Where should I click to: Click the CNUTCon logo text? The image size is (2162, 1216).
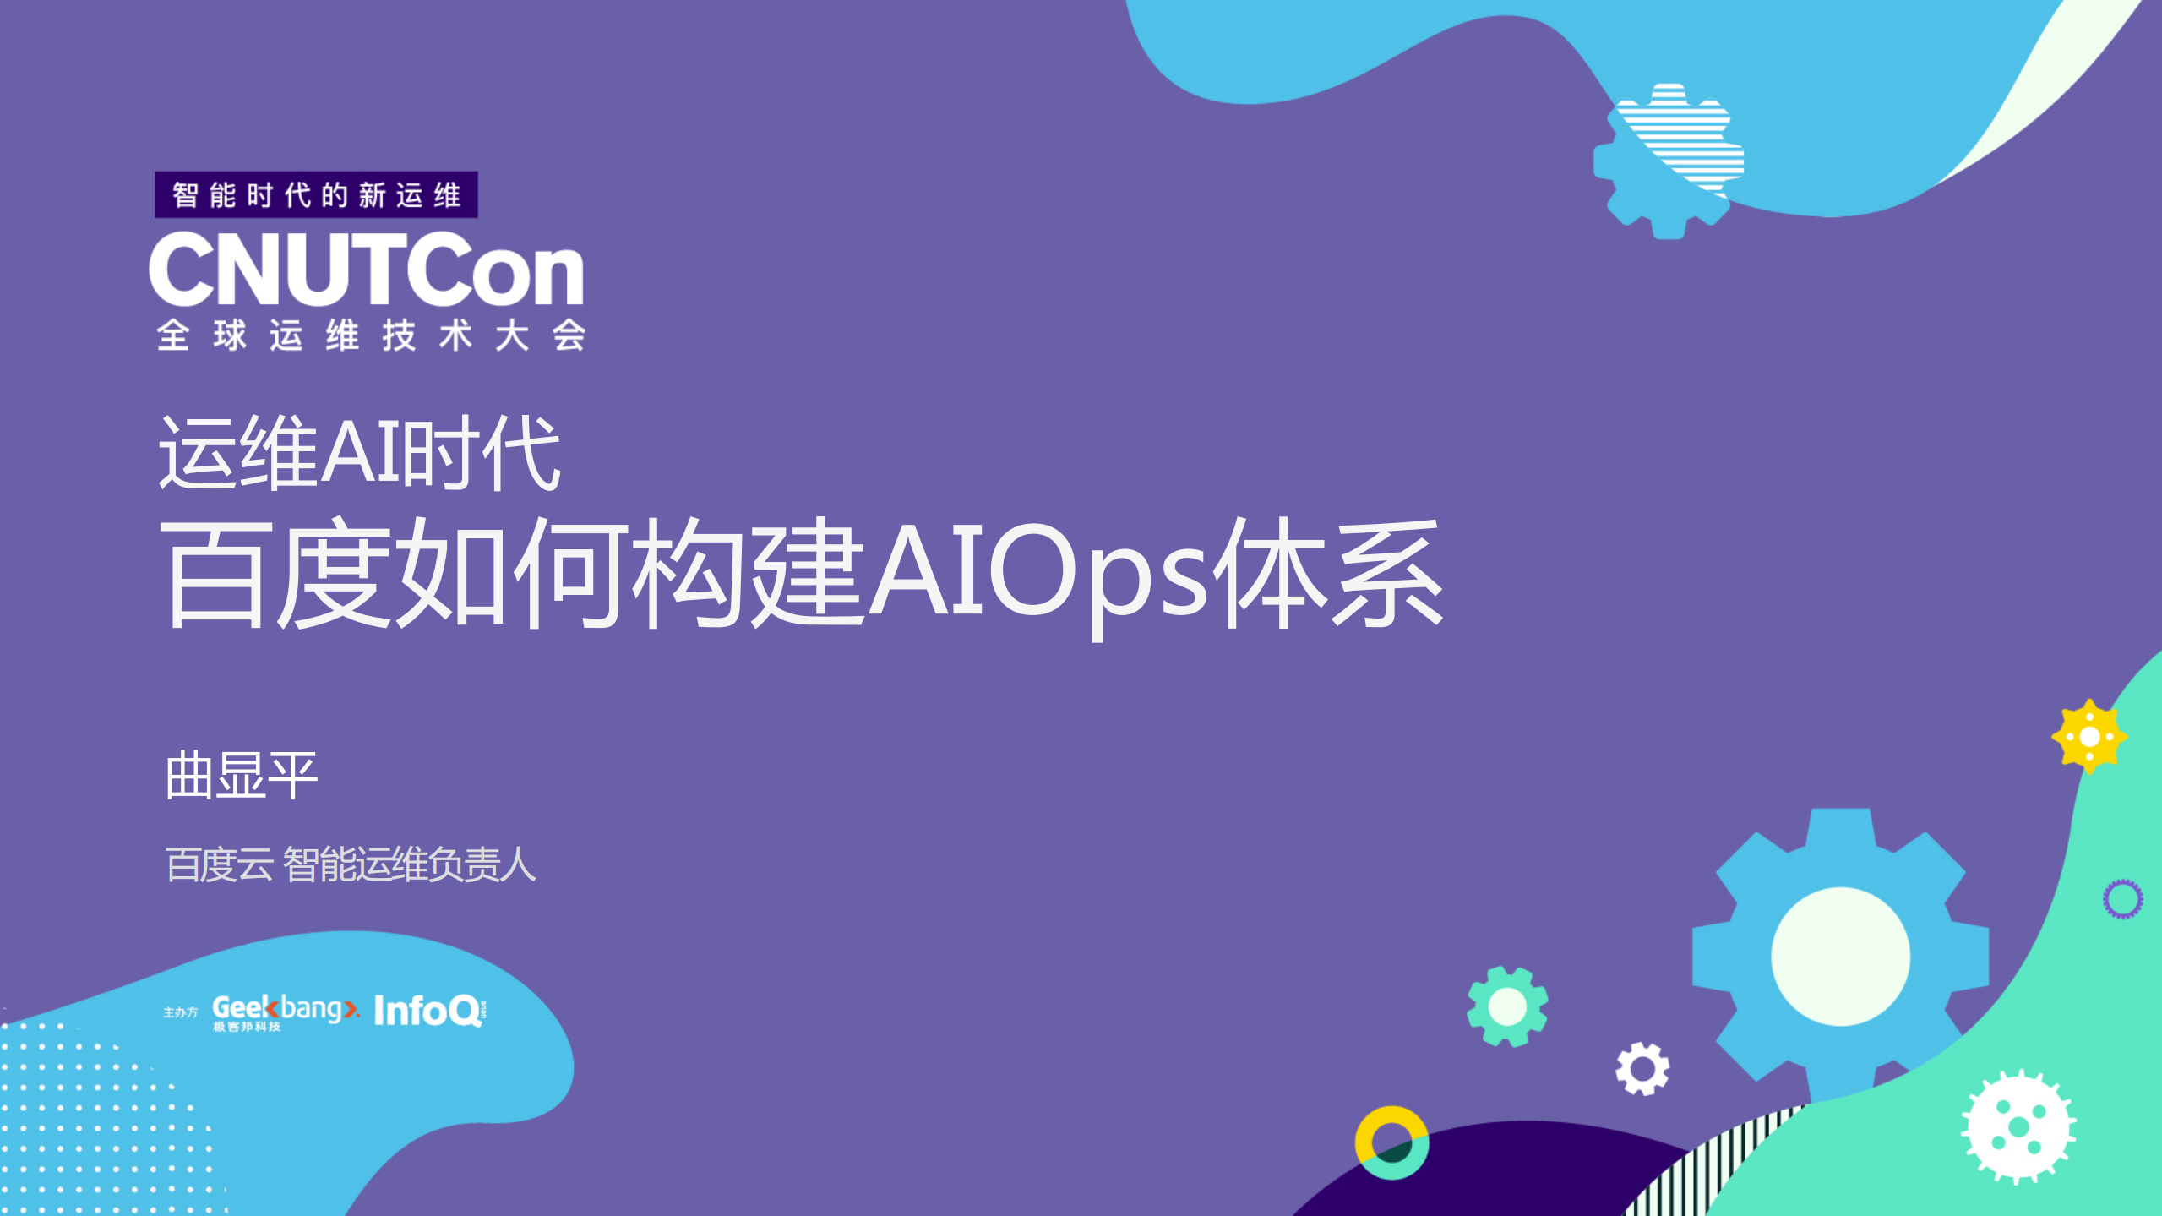[x=366, y=269]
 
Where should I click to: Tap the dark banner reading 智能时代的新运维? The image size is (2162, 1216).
[x=316, y=195]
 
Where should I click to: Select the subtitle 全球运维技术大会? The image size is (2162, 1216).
[x=371, y=335]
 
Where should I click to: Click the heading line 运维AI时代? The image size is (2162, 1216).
[x=359, y=453]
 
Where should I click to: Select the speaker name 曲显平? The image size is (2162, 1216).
[x=241, y=775]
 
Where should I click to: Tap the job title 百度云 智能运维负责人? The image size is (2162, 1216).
[x=351, y=864]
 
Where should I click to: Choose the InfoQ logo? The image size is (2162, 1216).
[x=429, y=1011]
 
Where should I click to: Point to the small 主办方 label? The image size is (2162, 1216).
[x=180, y=1012]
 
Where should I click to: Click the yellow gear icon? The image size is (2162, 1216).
[x=2088, y=736]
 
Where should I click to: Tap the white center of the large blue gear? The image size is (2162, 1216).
[x=1840, y=957]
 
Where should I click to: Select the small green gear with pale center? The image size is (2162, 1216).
[x=1507, y=1006]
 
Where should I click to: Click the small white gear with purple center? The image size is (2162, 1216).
[x=1642, y=1069]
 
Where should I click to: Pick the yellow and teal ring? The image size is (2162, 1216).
[x=1391, y=1142]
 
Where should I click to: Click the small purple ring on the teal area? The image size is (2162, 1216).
[x=2122, y=898]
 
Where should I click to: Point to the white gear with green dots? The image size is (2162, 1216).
[x=2018, y=1126]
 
